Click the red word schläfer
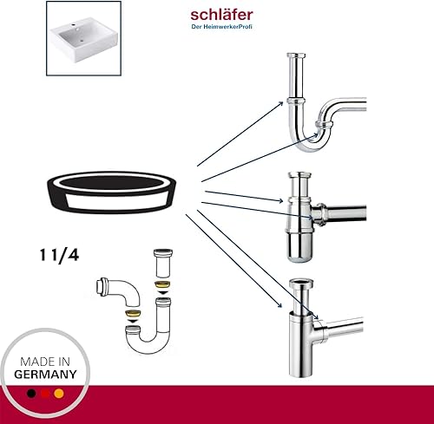click(221, 15)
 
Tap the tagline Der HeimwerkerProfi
click(221, 27)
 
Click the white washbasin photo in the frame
click(83, 40)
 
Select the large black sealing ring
click(112, 192)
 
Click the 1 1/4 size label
click(59, 256)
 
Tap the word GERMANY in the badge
click(45, 375)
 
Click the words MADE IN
click(45, 362)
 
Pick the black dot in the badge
click(31, 394)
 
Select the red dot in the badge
click(45, 394)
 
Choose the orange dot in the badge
click(59, 394)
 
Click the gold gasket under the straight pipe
click(163, 284)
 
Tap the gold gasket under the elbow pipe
click(132, 314)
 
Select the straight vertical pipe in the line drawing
click(163, 263)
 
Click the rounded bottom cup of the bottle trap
click(300, 247)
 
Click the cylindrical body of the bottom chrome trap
click(301, 345)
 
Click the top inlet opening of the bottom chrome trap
click(301, 282)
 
